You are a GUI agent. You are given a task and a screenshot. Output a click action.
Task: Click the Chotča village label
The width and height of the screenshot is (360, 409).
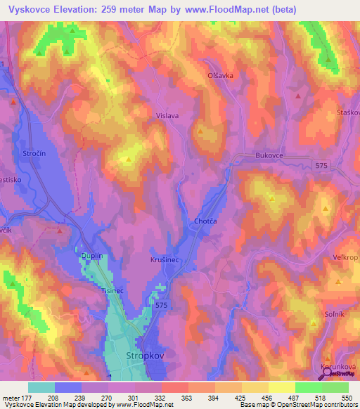click(205, 222)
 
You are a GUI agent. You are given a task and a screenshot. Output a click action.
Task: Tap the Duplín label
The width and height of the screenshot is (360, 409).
click(91, 257)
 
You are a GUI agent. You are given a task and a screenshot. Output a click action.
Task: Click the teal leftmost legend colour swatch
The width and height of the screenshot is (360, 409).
click(41, 387)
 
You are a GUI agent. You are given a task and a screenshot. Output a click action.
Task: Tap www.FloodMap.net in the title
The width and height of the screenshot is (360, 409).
click(236, 9)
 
